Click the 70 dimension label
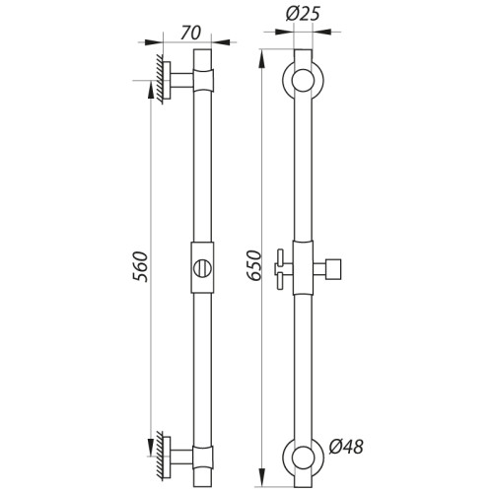coord(190,33)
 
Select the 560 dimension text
coord(140,266)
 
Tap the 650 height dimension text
coord(254,265)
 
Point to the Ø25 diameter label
coord(303,14)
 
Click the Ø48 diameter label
coord(346,447)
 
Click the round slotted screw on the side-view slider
coord(202,268)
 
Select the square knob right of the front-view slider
coord(333,269)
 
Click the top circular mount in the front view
coord(304,81)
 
